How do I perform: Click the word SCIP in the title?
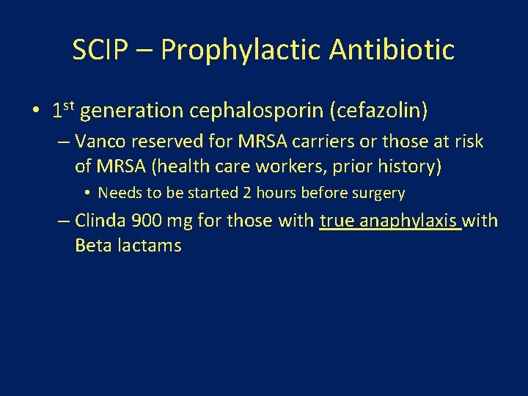pos(101,50)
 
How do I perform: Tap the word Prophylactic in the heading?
pos(241,50)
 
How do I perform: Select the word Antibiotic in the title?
pos(392,50)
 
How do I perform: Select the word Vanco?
pos(100,142)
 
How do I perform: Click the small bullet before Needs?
pos(87,193)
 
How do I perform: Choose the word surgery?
pos(378,193)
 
